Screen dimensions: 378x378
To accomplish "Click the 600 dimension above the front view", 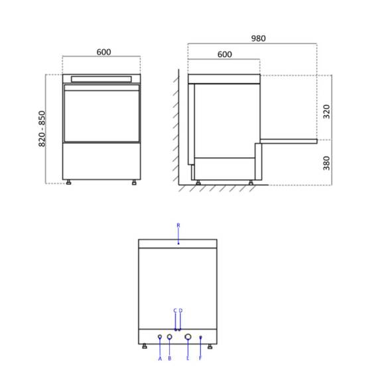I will [103, 52].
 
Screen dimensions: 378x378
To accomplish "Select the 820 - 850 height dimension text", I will [42, 129].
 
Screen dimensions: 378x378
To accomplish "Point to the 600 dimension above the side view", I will [224, 54].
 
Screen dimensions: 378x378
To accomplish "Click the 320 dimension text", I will [326, 111].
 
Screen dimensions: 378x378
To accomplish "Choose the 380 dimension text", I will [326, 162].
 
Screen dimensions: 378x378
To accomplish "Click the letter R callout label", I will [178, 225].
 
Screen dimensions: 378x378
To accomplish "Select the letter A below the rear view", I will [160, 358].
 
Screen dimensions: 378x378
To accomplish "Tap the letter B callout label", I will [170, 358].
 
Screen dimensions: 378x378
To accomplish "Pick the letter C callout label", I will [175, 310].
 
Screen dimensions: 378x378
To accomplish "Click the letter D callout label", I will [180, 310].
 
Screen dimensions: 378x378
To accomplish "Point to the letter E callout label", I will [188, 358].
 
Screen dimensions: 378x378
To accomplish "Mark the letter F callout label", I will [200, 358].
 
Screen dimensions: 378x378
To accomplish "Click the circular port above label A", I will [160, 337].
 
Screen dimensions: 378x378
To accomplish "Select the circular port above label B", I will [170, 337].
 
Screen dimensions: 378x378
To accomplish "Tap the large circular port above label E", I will [188, 337].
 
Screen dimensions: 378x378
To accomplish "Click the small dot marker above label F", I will [200, 338].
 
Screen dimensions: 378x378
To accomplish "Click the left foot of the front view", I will [69, 182].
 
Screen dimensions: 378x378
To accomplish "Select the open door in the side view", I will [288, 141].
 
